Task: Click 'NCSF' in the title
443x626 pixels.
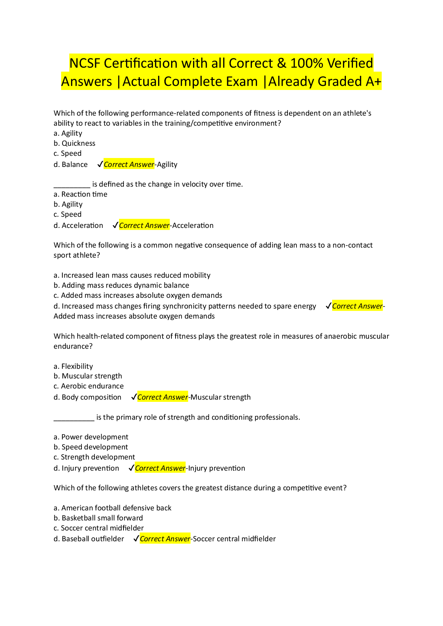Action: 85,63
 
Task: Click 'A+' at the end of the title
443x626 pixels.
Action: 373,81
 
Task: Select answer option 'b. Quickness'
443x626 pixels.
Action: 74,143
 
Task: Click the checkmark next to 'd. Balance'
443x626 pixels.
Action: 100,164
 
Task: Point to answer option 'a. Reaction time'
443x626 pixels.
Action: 80,194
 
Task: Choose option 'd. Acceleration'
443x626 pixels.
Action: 78,226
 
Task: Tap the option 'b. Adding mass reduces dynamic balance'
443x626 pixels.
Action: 121,285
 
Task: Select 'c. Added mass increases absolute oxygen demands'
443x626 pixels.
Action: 138,296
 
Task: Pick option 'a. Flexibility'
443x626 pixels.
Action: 73,367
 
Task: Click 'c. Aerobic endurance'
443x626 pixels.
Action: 89,386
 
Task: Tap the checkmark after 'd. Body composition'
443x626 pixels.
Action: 134,397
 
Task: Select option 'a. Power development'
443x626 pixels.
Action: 91,437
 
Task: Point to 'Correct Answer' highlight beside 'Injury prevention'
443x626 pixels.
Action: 160,468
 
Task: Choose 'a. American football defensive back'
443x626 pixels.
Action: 112,508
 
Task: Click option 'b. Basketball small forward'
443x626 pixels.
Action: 98,518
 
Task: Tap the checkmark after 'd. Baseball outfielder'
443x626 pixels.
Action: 136,539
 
